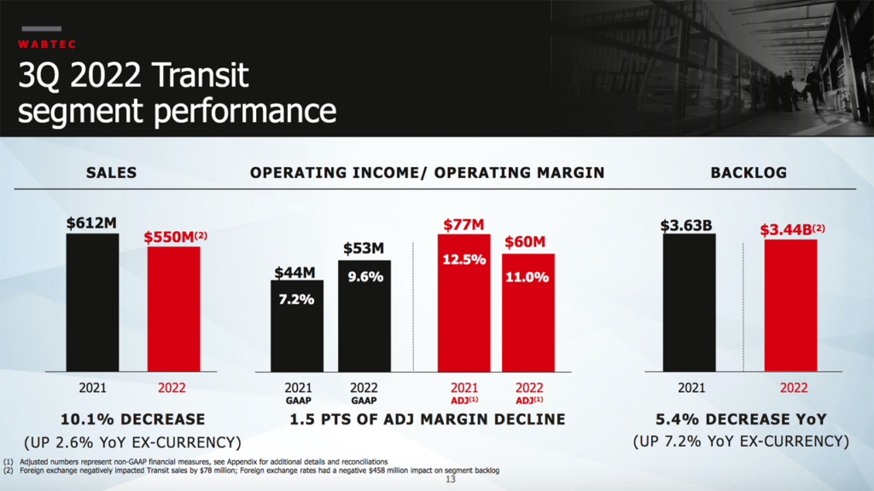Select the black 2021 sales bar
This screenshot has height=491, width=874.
click(x=93, y=302)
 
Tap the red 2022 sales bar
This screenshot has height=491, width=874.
click(x=173, y=309)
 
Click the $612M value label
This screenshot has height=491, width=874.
click(x=92, y=223)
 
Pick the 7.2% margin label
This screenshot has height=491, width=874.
click(x=297, y=299)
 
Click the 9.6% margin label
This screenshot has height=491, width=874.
click(x=364, y=277)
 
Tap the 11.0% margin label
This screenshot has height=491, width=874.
click(x=527, y=277)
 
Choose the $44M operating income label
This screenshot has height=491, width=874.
click(x=295, y=273)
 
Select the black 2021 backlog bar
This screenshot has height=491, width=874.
click(x=690, y=302)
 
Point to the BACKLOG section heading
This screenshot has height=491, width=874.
click(x=749, y=173)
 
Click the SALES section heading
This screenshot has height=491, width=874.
click(x=112, y=173)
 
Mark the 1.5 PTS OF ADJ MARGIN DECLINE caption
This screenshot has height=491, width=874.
click(x=428, y=419)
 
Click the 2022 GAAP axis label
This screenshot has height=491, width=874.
click(x=364, y=392)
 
